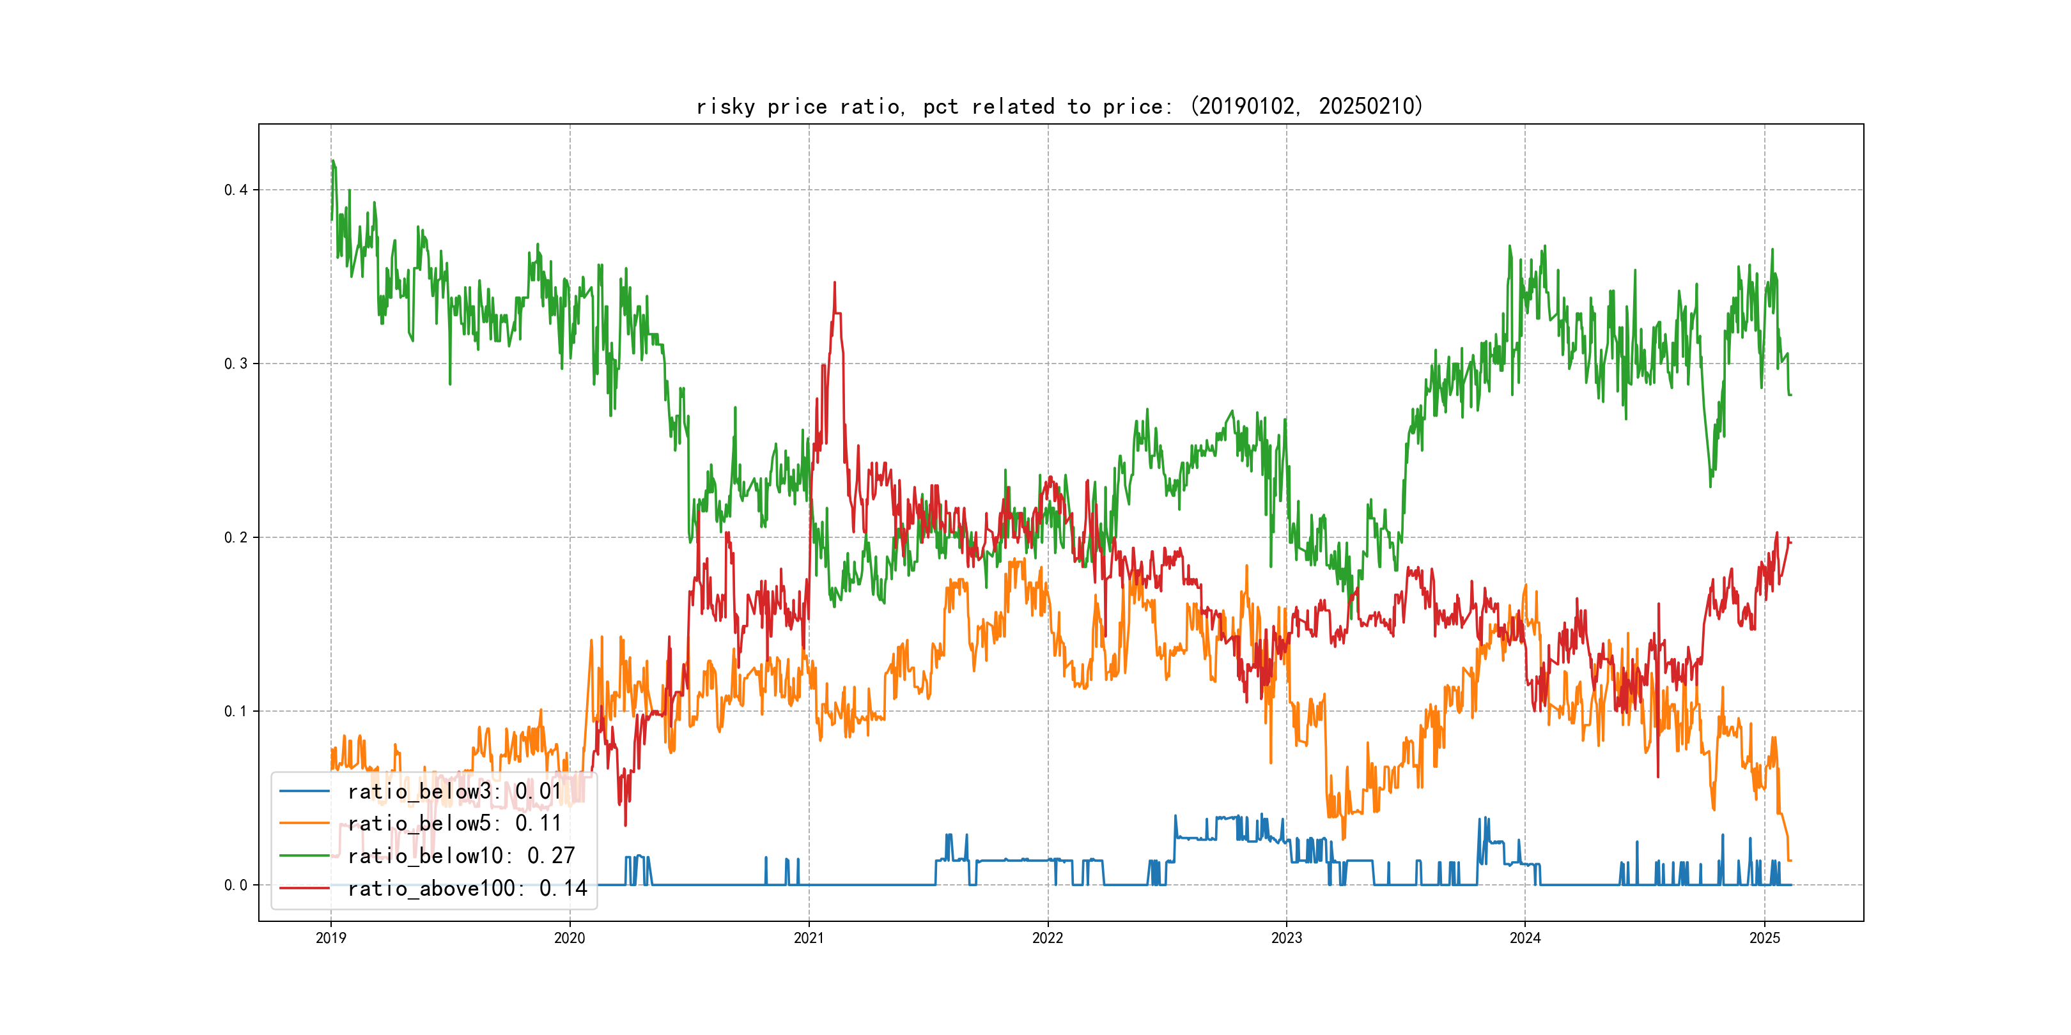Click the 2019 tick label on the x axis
(330, 938)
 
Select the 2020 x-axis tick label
(569, 938)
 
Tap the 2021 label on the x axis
(808, 938)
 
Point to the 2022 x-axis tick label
(1047, 938)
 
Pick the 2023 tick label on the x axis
(1285, 938)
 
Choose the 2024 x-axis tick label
(1524, 938)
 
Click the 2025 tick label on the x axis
(1764, 938)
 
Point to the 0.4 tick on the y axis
(236, 190)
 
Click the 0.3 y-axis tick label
(236, 364)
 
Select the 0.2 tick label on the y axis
(236, 537)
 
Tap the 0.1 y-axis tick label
(236, 711)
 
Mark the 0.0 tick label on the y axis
(236, 885)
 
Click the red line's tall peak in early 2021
(835, 283)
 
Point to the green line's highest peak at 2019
(332, 161)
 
